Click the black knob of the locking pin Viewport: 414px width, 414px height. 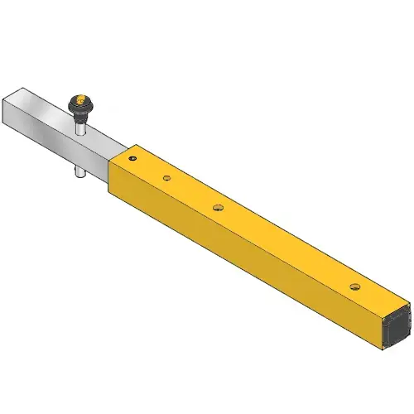click(x=80, y=103)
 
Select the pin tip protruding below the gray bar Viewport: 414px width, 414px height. click(x=79, y=173)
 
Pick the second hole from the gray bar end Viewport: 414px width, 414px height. click(x=166, y=177)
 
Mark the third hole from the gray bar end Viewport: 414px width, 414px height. click(x=218, y=208)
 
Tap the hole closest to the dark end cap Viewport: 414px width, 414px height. click(x=354, y=286)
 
